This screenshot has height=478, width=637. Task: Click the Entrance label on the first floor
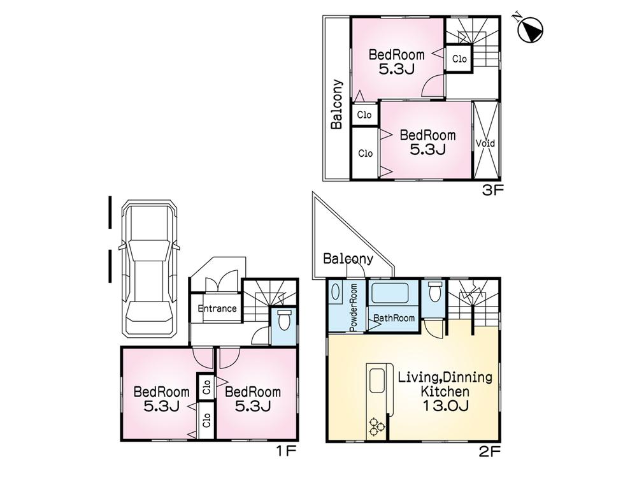[217, 309]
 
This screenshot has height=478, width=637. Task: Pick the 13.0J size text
[445, 405]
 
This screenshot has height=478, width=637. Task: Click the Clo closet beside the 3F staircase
[459, 59]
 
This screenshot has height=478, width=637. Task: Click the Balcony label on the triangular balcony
[347, 259]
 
